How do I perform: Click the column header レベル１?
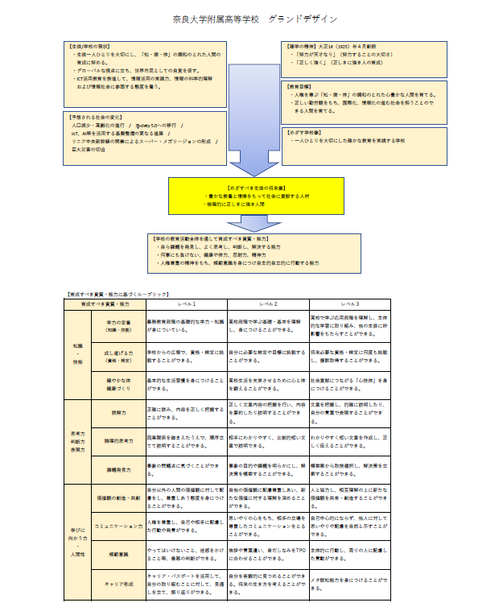coord(186,304)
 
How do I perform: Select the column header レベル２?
coord(268,304)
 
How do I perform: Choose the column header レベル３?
coord(350,304)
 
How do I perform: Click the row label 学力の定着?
coord(119,326)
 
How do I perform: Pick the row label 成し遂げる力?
coord(119,357)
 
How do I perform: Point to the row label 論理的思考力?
coord(119,441)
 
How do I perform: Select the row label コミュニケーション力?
coord(119,526)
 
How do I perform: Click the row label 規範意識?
coord(119,555)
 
